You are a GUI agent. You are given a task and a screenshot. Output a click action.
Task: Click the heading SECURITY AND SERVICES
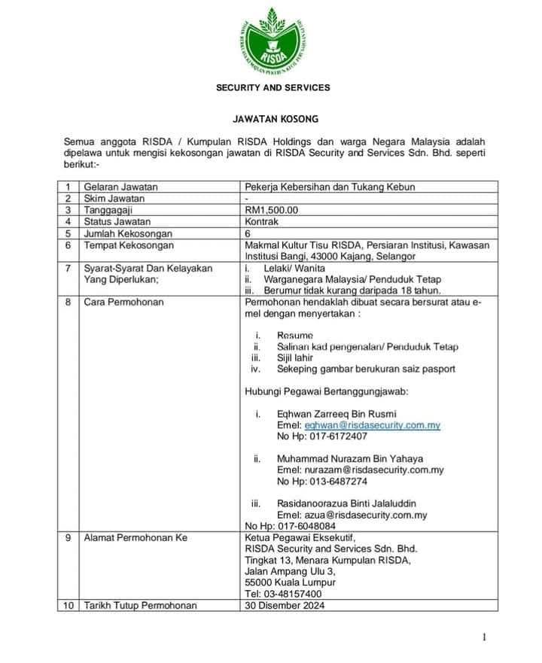(273, 88)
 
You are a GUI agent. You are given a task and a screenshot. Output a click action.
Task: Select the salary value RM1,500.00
(271, 210)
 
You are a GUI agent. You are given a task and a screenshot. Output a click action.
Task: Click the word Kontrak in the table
(261, 222)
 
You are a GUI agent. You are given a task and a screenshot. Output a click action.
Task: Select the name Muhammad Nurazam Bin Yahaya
(350, 458)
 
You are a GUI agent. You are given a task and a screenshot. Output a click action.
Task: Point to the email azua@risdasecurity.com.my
(365, 515)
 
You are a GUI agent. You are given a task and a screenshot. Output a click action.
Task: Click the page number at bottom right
(486, 637)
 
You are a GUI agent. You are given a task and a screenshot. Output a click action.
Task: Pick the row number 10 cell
(67, 606)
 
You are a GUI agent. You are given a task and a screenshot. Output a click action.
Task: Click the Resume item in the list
(294, 335)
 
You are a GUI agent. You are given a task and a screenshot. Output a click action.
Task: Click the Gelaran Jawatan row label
(121, 187)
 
